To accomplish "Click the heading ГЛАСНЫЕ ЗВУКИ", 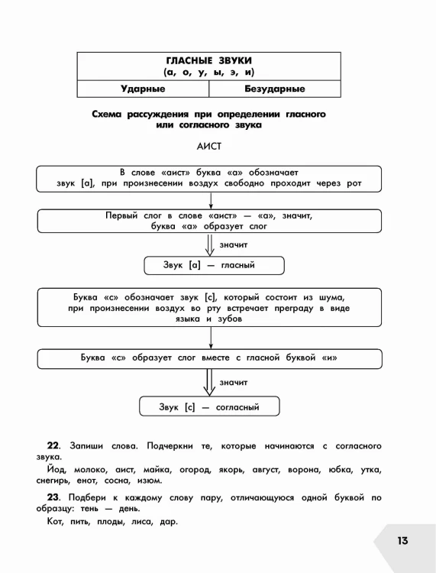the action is (x=209, y=60).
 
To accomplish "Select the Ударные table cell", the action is (x=143, y=89).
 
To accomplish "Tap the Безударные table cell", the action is (x=275, y=89).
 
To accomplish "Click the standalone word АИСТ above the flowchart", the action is (x=209, y=146).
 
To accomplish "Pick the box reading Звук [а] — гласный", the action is (x=214, y=265).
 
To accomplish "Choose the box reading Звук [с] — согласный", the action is (x=209, y=406).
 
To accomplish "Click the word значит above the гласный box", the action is (x=234, y=244).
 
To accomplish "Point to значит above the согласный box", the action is (x=234, y=383).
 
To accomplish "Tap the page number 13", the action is (x=402, y=540).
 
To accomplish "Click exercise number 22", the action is (x=53, y=446).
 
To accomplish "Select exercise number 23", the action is (x=53, y=497).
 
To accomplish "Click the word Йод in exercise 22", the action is (x=57, y=470).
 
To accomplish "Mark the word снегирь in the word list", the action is (x=53, y=481).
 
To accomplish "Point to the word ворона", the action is (x=304, y=470).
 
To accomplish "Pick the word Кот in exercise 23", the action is (x=55, y=522).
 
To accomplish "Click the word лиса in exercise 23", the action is (x=141, y=522).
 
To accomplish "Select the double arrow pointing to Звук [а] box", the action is (x=210, y=244).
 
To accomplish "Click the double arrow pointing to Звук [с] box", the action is (x=209, y=382).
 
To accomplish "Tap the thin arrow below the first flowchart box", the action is (x=211, y=201).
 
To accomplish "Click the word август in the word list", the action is (x=266, y=470).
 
